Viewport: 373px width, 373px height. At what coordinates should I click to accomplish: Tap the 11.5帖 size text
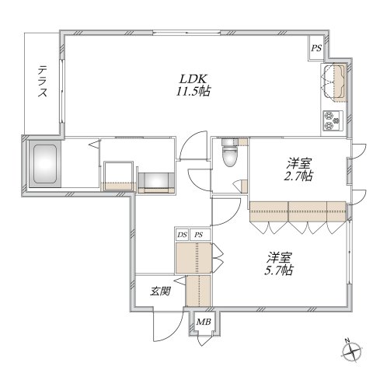[x=193, y=92]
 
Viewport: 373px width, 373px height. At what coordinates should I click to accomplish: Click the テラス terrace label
[x=43, y=82]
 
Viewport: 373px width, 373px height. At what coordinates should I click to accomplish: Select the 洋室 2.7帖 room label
[x=299, y=169]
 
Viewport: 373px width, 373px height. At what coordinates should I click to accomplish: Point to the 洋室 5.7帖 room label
[x=280, y=263]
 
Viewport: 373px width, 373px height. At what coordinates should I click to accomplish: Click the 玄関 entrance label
[x=160, y=291]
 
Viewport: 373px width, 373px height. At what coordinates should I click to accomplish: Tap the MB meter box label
[x=204, y=322]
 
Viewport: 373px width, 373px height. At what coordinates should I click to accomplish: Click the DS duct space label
[x=182, y=235]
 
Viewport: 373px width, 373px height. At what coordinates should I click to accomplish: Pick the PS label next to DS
[x=199, y=235]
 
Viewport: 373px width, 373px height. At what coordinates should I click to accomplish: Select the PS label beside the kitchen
[x=316, y=48]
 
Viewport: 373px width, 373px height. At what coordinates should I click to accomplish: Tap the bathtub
[x=45, y=164]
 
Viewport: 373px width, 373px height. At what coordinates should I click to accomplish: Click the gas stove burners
[x=333, y=120]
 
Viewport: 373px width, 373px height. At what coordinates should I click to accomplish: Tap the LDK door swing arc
[x=193, y=145]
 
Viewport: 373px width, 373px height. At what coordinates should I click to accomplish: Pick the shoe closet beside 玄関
[x=199, y=291]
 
